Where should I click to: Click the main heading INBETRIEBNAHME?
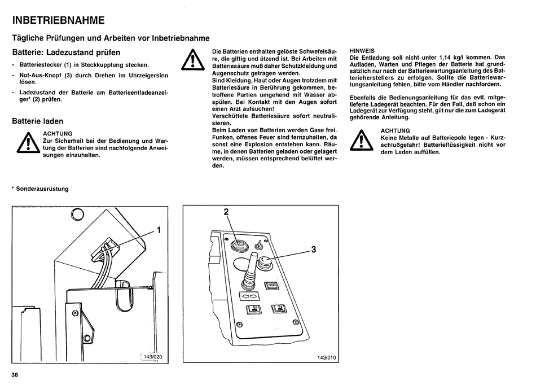[58, 21]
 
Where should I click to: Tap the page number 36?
[15, 375]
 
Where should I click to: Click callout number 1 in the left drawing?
[159, 230]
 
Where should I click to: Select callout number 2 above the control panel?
[226, 212]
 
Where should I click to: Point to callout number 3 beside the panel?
[313, 251]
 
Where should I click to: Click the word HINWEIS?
[362, 50]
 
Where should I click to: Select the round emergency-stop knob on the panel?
[265, 261]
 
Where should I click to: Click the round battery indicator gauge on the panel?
[238, 246]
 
